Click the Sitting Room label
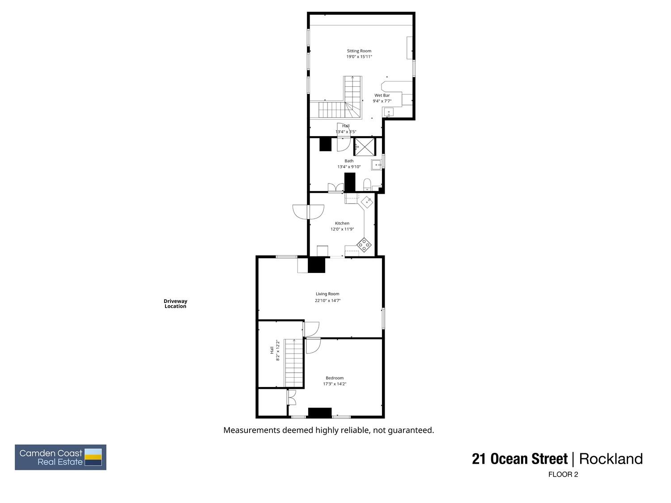pos(359,51)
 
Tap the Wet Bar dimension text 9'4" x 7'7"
pos(382,101)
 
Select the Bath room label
pos(349,161)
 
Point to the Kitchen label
pos(342,223)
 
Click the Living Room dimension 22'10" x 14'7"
pos(327,301)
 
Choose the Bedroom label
pos(335,378)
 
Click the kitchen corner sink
pos(367,201)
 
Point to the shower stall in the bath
pos(363,146)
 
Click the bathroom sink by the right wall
pos(377,165)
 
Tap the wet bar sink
pos(389,112)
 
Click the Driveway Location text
pos(175,304)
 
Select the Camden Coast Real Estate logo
pos(61,457)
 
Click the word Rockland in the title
pos(611,459)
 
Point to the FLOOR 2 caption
pos(563,475)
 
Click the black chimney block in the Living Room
pos(317,265)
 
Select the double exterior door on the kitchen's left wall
pos(308,212)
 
